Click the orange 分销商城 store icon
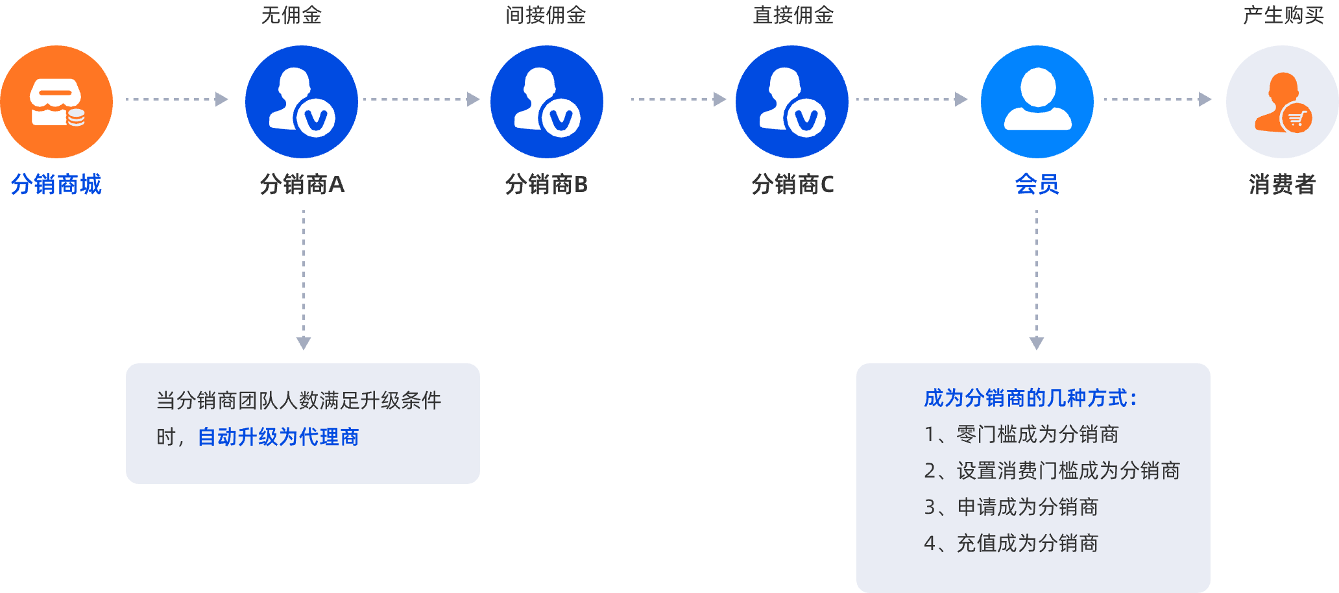click(x=56, y=102)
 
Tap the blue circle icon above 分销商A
click(x=302, y=102)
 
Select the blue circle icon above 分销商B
click(x=547, y=102)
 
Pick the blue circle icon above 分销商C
click(x=792, y=102)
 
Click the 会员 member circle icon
click(x=1037, y=102)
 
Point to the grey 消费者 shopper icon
click(x=1282, y=102)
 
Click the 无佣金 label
click(x=291, y=15)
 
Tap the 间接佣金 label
click(x=546, y=15)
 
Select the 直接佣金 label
click(x=793, y=15)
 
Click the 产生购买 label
click(x=1283, y=15)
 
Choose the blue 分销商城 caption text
click(x=56, y=185)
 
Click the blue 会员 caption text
click(x=1037, y=185)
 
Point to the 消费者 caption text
click(x=1282, y=185)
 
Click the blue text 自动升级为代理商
click(x=278, y=437)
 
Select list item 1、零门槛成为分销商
click(x=1021, y=434)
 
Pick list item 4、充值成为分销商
click(x=1011, y=543)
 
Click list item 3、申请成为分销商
click(x=1011, y=507)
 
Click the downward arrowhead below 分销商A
click(x=304, y=343)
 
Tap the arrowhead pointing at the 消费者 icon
click(x=1205, y=99)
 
